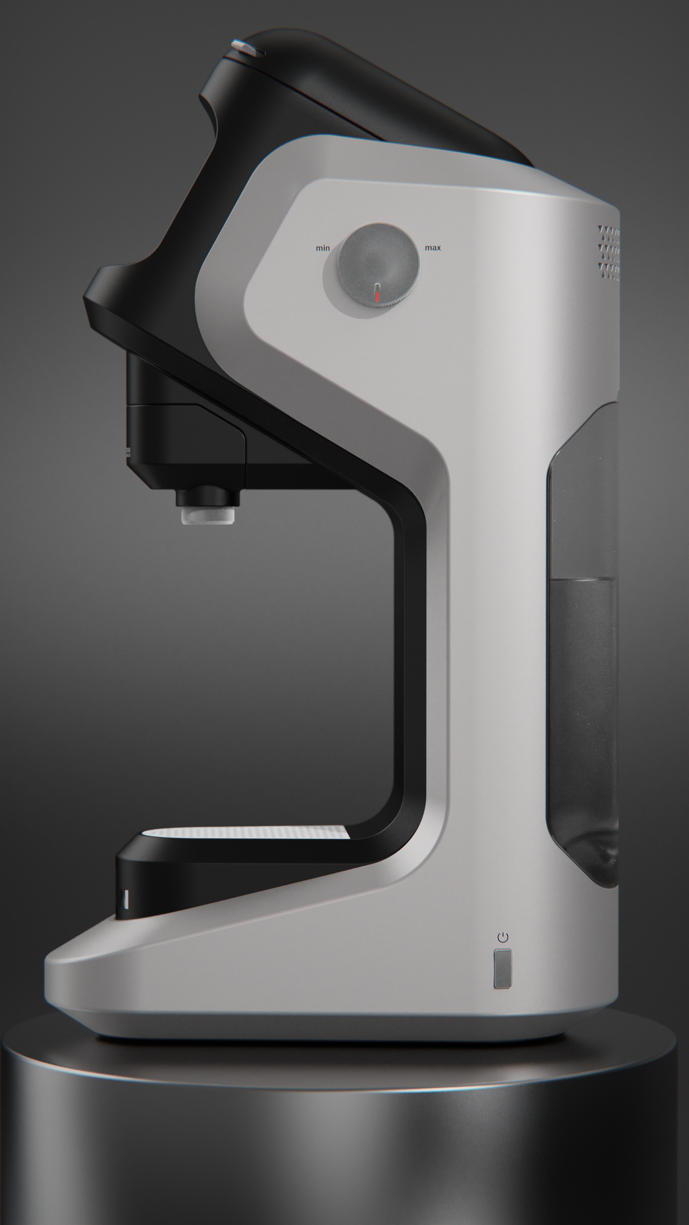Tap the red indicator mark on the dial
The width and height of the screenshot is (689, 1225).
(x=377, y=297)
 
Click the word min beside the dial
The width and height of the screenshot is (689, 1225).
(x=323, y=248)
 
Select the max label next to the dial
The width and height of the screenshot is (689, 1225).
(x=432, y=248)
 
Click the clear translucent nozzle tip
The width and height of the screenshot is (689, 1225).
(x=207, y=515)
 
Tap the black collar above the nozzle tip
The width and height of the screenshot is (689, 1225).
(x=207, y=496)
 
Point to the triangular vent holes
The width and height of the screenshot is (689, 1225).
(x=609, y=252)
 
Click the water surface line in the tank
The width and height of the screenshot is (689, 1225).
(x=583, y=579)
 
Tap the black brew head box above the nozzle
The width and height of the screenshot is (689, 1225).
(x=186, y=442)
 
